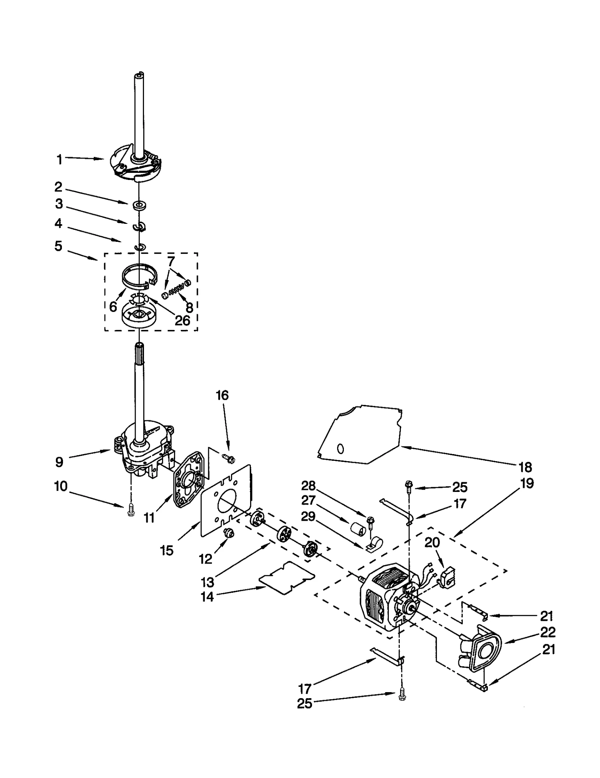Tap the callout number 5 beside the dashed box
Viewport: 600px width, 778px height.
point(58,246)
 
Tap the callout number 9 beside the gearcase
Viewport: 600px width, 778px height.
point(59,462)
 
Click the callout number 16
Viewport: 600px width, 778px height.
point(222,395)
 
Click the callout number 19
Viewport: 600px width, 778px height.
point(527,483)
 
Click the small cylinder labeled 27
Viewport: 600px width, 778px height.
point(359,532)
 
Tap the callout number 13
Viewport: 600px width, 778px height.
point(207,582)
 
